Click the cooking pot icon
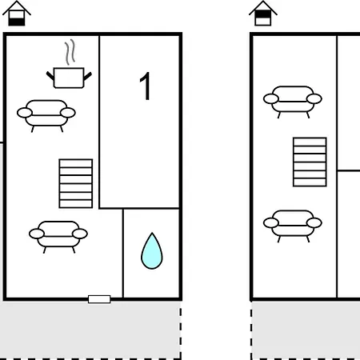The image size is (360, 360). coord(69,78)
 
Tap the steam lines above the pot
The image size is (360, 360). coord(70,52)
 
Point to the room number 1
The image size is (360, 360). coord(146,86)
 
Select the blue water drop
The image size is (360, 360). coord(152,251)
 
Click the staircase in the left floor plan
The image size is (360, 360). coord(76,183)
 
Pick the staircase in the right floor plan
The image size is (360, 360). coord(310,162)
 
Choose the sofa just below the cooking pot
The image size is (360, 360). coord(46,116)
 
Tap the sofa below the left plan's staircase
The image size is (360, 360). coord(58,237)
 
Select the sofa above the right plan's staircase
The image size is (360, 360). coord(293,102)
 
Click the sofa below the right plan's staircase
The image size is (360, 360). coord(293,226)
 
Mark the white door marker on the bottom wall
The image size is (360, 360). coord(99,299)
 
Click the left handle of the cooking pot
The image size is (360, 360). coord(50,76)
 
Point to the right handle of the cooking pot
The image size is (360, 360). coord(88,76)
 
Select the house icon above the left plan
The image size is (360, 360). coord(17,14)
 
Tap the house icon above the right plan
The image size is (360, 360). coord(263,14)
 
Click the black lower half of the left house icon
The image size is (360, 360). coord(17,22)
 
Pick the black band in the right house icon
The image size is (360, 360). coord(263,14)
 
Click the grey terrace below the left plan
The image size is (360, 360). coord(90,330)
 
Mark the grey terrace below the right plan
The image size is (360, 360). coord(306,330)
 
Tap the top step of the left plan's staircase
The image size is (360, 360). coord(76,163)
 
